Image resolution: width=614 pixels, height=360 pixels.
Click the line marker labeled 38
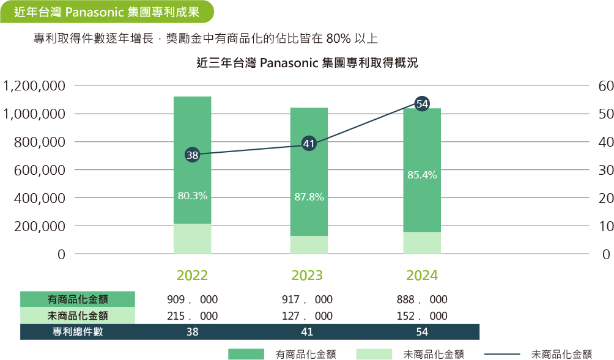pyautogui.click(x=192, y=155)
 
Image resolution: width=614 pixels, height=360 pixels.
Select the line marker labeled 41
pyautogui.click(x=308, y=144)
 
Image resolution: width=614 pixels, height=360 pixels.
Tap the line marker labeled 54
pyautogui.click(x=421, y=104)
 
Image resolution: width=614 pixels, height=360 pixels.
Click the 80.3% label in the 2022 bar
pyautogui.click(x=192, y=196)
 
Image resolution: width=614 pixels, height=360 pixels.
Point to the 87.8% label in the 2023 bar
pyautogui.click(x=308, y=197)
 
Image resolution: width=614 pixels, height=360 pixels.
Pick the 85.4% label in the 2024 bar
pyautogui.click(x=422, y=175)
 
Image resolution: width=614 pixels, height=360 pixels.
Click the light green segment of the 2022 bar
pyautogui.click(x=192, y=239)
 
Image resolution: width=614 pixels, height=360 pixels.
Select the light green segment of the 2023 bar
pyautogui.click(x=308, y=245)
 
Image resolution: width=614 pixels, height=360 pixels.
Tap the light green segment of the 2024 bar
pyautogui.click(x=422, y=243)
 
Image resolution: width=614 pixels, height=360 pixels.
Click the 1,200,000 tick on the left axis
pyautogui.click(x=34, y=86)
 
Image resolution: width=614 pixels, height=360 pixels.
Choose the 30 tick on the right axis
pyautogui.click(x=605, y=170)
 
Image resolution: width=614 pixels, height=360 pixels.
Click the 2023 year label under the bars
pyautogui.click(x=307, y=275)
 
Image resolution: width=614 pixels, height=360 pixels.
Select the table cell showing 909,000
pyautogui.click(x=192, y=300)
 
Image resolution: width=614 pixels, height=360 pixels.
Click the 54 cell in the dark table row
pyautogui.click(x=422, y=332)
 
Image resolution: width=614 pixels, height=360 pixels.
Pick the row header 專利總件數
pyautogui.click(x=78, y=332)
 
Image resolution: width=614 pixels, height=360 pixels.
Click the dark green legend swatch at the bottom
pyautogui.click(x=246, y=354)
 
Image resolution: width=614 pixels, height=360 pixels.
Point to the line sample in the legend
pyautogui.click(x=501, y=354)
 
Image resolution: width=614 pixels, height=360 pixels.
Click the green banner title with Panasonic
pyautogui.click(x=106, y=11)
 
